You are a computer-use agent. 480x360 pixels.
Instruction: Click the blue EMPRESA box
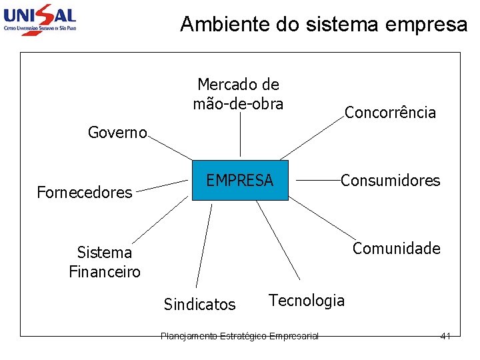(x=240, y=180)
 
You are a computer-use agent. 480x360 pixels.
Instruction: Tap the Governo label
(x=117, y=133)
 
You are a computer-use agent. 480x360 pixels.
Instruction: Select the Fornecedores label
(x=85, y=193)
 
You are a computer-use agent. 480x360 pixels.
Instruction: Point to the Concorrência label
(x=390, y=113)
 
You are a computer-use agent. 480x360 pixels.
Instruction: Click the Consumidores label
(x=391, y=180)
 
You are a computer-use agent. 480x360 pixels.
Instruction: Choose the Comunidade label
(x=397, y=249)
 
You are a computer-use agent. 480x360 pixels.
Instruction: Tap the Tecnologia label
(x=307, y=301)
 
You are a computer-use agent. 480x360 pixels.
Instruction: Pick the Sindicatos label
(x=199, y=305)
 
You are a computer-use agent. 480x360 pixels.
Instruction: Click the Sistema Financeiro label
(x=105, y=262)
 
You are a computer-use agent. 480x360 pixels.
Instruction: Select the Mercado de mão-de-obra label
(x=238, y=94)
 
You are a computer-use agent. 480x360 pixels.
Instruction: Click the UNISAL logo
(x=40, y=18)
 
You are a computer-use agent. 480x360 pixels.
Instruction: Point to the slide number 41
(x=445, y=336)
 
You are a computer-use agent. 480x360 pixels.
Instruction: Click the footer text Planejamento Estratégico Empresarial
(x=240, y=336)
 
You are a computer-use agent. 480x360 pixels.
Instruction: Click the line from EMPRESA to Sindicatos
(x=204, y=247)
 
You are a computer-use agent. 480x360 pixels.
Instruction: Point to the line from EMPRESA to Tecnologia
(x=278, y=240)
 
